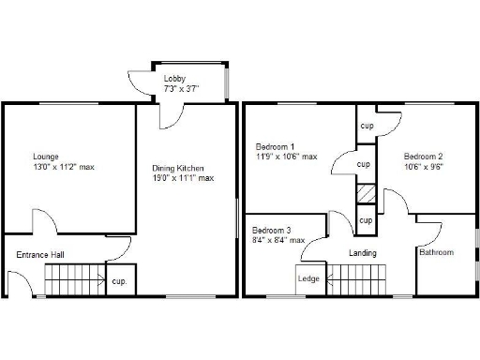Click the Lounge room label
tap(46, 156)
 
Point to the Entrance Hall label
tap(40, 254)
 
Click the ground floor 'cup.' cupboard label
tap(119, 280)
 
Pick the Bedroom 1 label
tap(276, 146)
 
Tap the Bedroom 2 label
tap(424, 156)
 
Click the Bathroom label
tap(437, 252)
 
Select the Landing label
tap(363, 252)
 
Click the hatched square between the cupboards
tap(366, 194)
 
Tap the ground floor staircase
tap(75, 278)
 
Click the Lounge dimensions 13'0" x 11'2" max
tap(64, 167)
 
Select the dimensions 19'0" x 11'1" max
tap(184, 178)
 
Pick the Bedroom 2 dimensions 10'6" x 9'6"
tap(424, 167)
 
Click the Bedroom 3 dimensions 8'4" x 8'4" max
tap(278, 240)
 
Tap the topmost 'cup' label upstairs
tap(367, 125)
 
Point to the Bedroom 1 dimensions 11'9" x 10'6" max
tap(287, 157)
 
